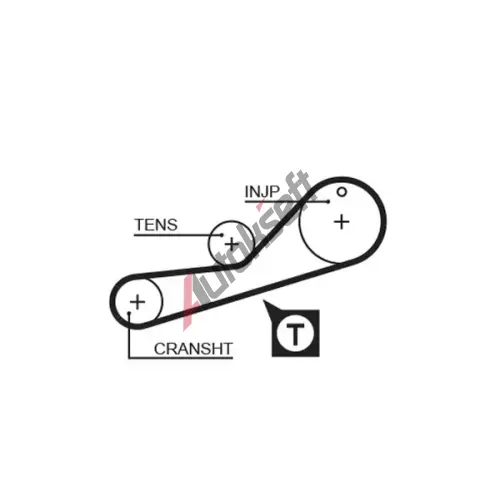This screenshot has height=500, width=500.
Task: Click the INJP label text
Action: coord(262,191)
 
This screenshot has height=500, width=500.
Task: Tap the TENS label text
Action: coord(156,225)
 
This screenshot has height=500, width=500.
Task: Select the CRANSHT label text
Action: coord(193,349)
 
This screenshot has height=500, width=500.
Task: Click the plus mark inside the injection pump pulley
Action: coord(342,222)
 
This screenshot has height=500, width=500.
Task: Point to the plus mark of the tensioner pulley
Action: coord(232,245)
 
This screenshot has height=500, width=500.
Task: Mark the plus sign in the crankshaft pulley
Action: coord(137,302)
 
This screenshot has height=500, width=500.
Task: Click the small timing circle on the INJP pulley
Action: coord(342,192)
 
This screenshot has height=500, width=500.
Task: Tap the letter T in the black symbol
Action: coord(295,334)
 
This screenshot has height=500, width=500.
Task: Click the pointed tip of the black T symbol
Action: coord(264,302)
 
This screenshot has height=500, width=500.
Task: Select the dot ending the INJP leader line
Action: coord(328,201)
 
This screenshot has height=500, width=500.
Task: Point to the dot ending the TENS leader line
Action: coord(222,235)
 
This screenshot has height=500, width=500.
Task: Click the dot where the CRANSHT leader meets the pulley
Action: coord(129,313)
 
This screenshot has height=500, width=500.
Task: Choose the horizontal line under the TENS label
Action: coord(178,235)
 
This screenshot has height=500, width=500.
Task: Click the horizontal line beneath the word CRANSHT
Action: coord(181,358)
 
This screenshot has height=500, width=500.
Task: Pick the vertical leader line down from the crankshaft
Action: coord(129,336)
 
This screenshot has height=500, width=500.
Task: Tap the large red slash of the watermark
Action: coord(189,302)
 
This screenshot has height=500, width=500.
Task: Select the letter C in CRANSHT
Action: coord(160,349)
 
